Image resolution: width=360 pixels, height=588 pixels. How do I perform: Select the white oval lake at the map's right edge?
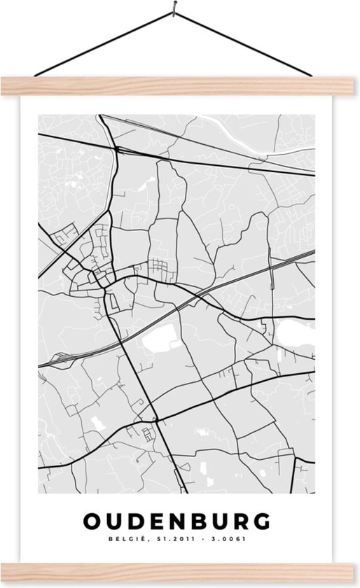coord(294,334)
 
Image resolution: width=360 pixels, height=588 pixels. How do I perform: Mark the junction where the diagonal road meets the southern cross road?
coord(157,417)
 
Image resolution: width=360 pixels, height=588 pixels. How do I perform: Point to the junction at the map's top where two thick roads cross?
coord(117,148)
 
